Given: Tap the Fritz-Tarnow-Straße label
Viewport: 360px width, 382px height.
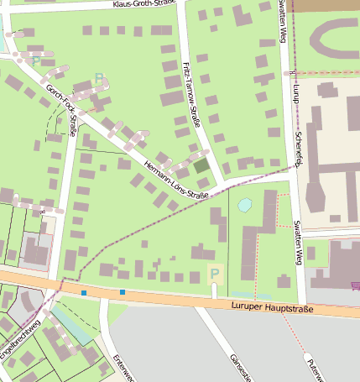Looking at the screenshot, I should (x=192, y=93).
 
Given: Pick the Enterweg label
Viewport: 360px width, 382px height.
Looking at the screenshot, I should (x=122, y=368).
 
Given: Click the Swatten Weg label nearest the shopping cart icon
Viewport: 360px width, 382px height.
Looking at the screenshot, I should (x=298, y=242).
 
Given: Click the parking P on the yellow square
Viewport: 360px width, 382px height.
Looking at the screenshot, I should (x=214, y=274).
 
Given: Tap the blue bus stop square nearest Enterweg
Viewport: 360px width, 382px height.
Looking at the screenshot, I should (x=123, y=292).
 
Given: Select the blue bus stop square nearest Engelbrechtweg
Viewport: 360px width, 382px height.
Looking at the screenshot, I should (x=84, y=292).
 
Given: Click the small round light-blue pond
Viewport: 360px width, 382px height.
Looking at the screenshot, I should (x=244, y=204).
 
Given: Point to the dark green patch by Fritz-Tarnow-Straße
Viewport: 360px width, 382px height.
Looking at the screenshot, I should (x=201, y=165).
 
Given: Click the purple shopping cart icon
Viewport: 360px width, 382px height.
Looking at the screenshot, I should (x=355, y=285).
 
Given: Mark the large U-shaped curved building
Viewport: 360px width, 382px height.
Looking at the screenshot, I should (x=336, y=38).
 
